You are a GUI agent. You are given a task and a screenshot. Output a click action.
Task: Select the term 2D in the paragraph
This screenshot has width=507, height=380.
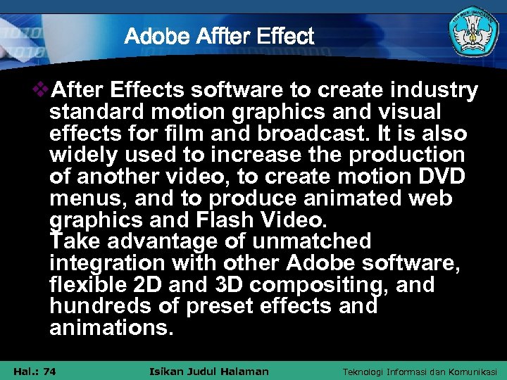(x=140, y=286)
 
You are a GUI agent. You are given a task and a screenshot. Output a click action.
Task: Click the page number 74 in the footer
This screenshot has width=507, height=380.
(x=49, y=371)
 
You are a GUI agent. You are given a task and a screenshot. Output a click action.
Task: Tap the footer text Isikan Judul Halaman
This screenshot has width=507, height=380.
(x=210, y=371)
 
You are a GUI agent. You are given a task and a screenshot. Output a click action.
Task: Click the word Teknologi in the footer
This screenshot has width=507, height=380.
(x=363, y=371)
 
